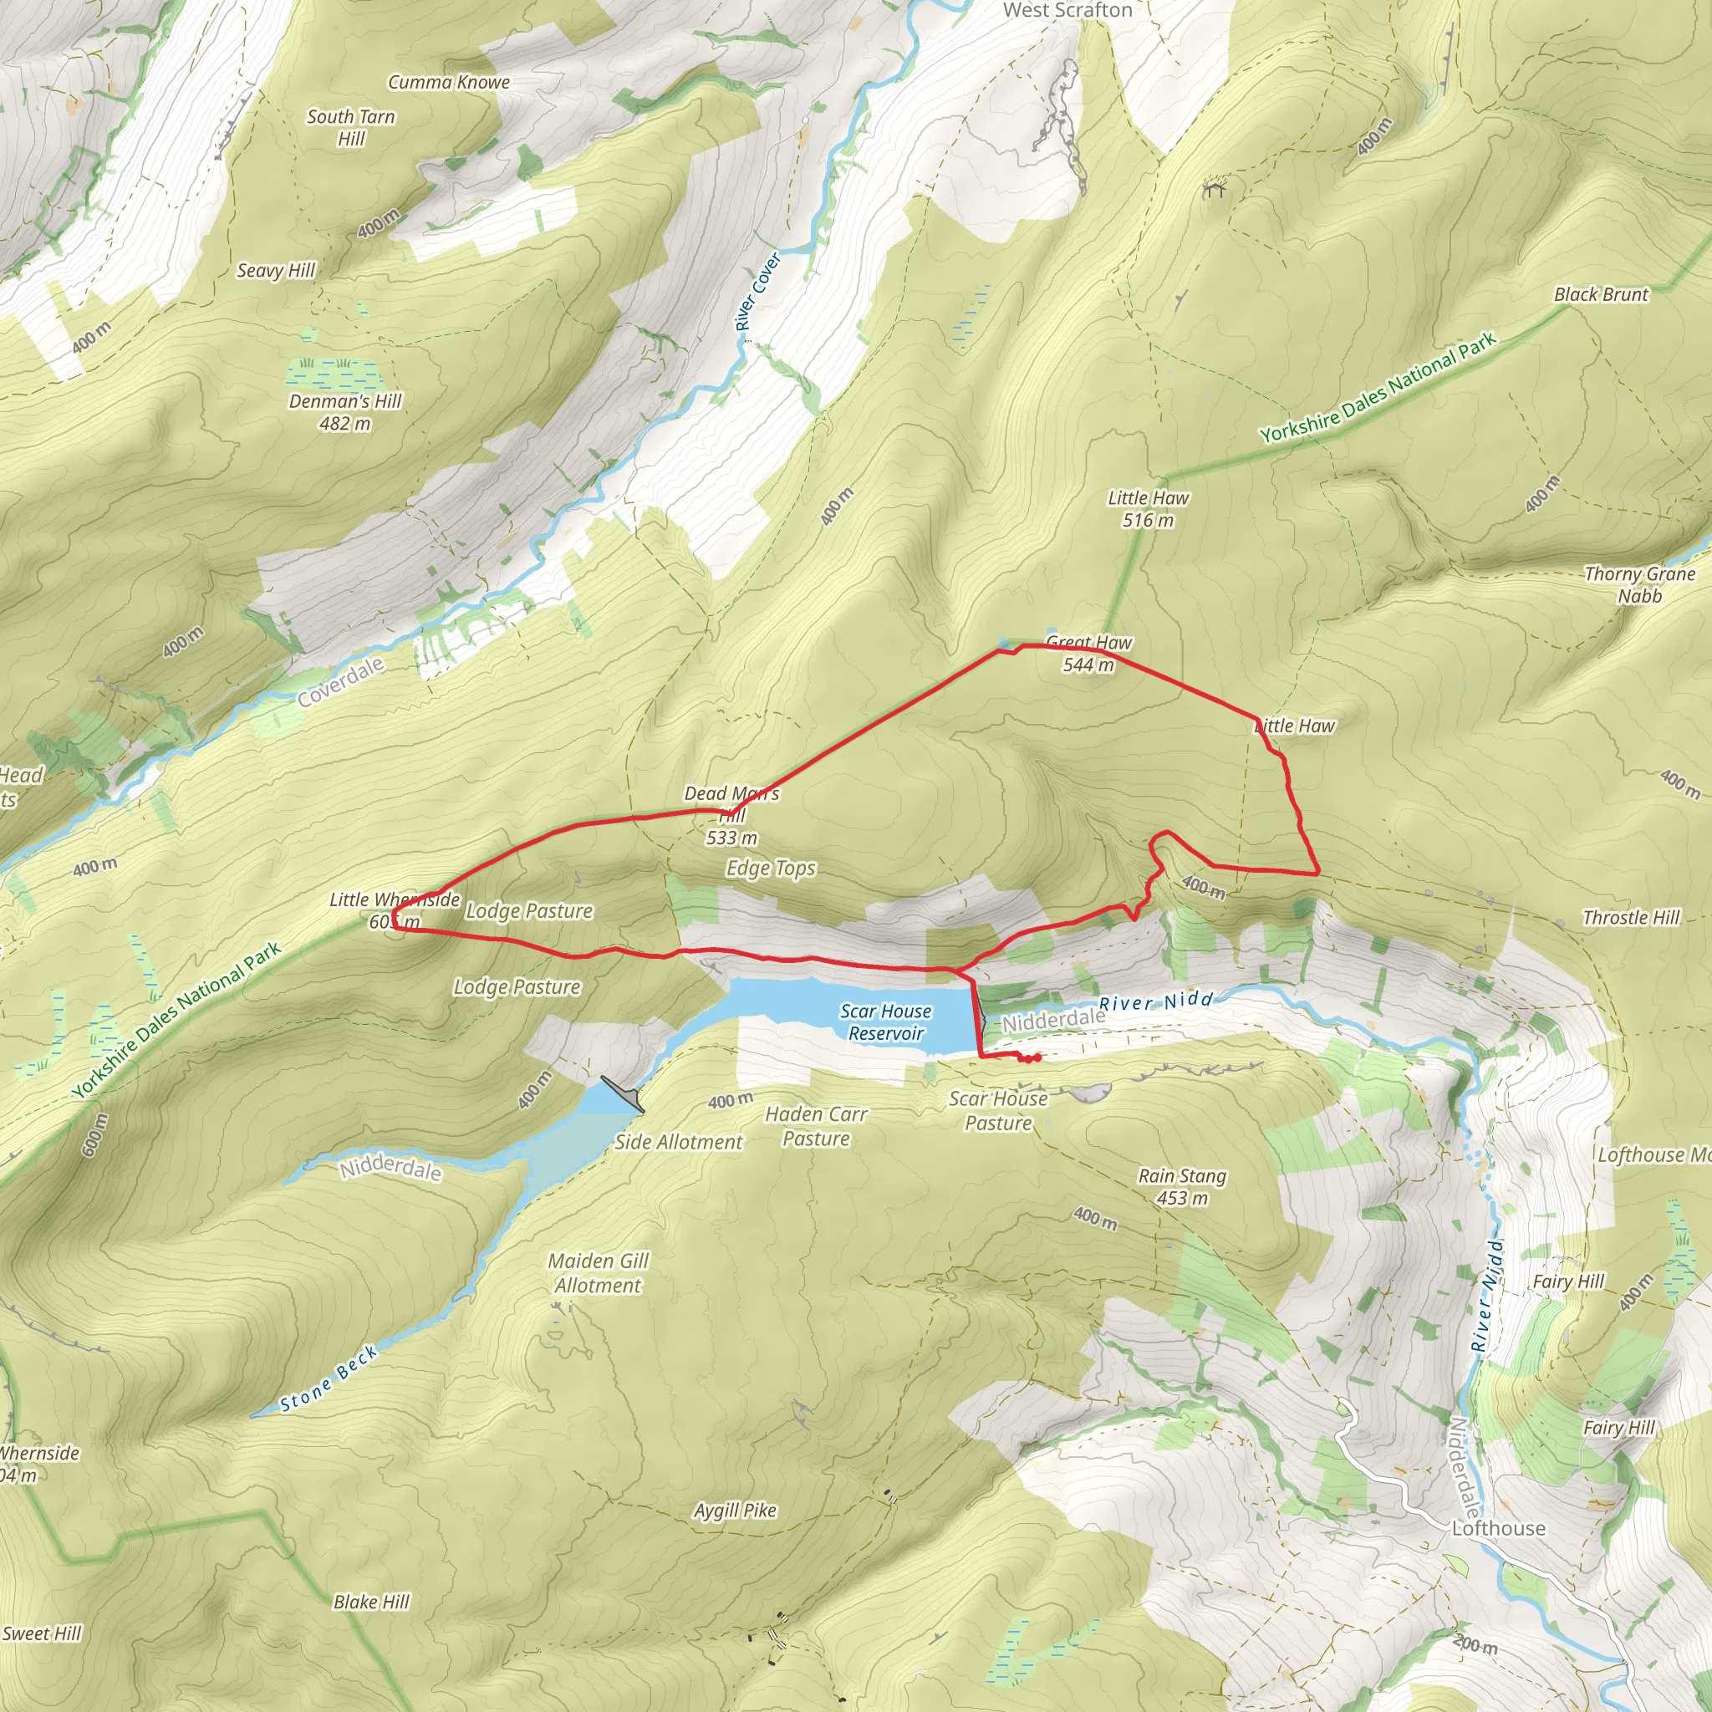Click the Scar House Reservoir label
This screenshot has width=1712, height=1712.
[885, 1022]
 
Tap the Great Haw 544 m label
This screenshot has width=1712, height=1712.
[1088, 654]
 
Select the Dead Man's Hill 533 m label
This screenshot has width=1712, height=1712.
[732, 815]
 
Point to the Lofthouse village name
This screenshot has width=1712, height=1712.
[1499, 1528]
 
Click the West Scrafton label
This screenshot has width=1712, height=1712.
[1067, 10]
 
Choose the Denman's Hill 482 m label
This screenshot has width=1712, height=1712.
[344, 412]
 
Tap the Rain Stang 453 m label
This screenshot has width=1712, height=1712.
[1182, 1186]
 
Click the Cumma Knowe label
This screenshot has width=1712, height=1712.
[448, 83]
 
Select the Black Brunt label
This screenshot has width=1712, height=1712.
[1601, 294]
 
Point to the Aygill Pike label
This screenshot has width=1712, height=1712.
[735, 1510]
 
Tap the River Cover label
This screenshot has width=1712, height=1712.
[757, 292]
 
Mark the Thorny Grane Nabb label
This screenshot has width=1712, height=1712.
[1639, 585]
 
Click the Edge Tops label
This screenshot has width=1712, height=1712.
[771, 868]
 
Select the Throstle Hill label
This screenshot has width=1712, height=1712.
[1630, 917]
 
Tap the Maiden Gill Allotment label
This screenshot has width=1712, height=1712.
[599, 1272]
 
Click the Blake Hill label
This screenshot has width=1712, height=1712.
[371, 1601]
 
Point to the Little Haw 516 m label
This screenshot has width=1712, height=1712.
[1148, 508]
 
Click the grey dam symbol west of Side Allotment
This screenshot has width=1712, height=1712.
[623, 1093]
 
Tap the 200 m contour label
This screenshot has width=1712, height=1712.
[1475, 1645]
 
